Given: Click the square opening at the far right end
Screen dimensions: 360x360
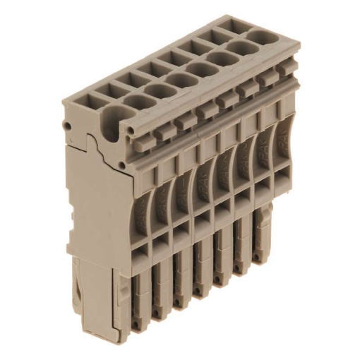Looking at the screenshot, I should [227, 27].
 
